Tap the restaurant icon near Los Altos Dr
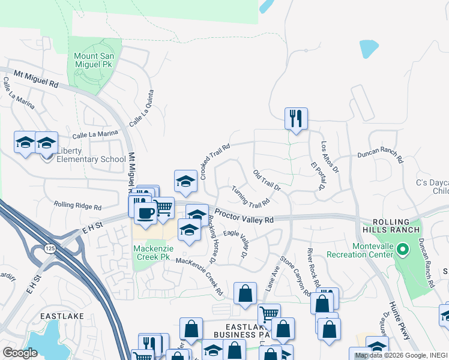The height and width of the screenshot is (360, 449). pos(296,118)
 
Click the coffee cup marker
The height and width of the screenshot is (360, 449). pos(145,212)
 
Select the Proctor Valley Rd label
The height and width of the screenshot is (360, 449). pos(244,217)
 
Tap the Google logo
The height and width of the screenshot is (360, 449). pos(20,353)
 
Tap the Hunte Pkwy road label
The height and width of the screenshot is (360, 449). pos(399,320)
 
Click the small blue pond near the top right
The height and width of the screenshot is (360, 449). pos(369,49)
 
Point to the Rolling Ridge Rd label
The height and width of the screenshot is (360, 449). pos(77,205)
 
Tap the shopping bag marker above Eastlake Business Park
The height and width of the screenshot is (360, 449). pos(245,294)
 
